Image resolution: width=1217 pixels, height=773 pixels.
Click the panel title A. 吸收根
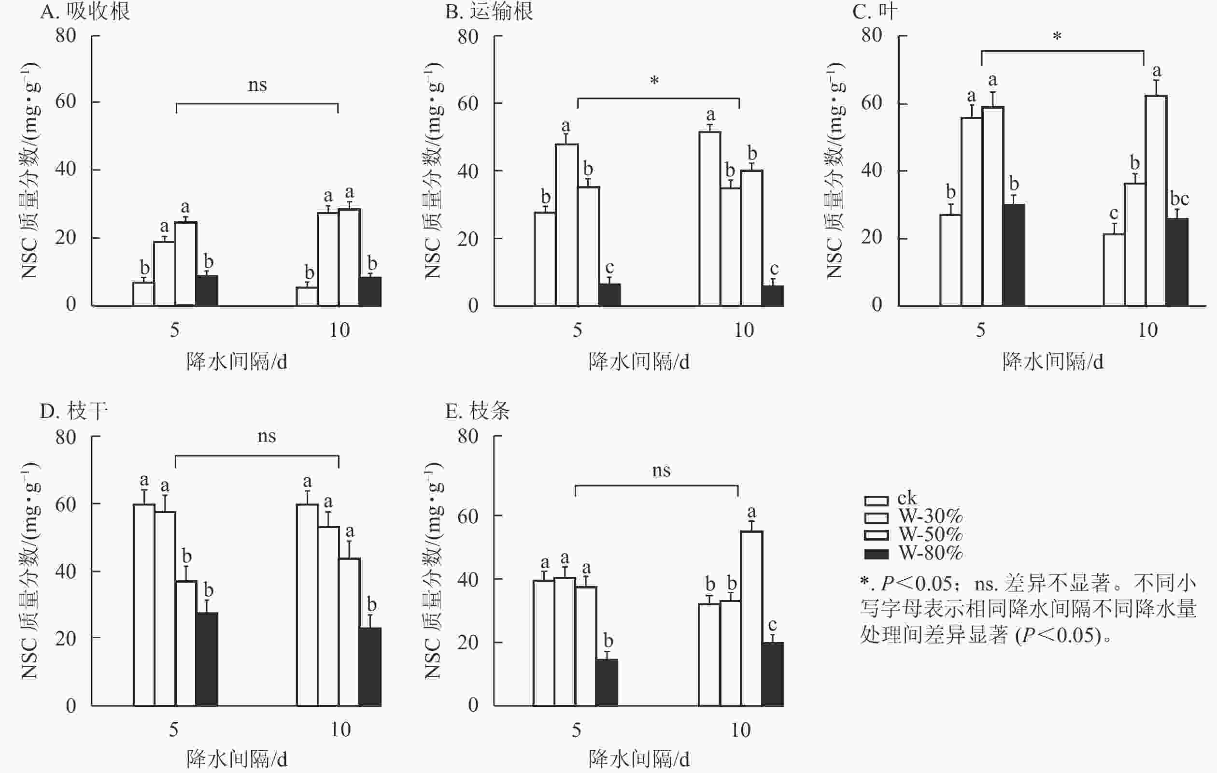point(85,11)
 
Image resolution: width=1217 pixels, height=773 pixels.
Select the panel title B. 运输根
point(489,11)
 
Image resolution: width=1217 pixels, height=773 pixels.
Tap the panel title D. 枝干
point(74,411)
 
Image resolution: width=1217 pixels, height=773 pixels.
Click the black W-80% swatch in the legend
point(877,554)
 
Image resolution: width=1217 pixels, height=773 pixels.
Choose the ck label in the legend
point(906,499)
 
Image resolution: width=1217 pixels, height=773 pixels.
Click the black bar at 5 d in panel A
point(207,291)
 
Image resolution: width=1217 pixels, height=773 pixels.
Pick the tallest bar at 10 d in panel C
point(1156,200)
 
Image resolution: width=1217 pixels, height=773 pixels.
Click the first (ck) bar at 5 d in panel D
point(144,605)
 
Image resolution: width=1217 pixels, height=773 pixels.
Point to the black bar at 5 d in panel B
point(609,295)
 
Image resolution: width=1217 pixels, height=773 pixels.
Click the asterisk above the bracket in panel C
point(1057,36)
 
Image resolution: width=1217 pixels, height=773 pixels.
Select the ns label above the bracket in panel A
point(257,85)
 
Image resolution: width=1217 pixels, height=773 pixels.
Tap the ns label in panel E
point(661,471)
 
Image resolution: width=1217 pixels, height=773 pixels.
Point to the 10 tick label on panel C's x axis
point(1147,330)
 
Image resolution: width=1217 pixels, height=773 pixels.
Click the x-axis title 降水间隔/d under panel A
point(237,361)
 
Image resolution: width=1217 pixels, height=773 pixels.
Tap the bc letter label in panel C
point(1179,199)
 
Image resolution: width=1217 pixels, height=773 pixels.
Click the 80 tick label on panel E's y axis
point(467,436)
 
